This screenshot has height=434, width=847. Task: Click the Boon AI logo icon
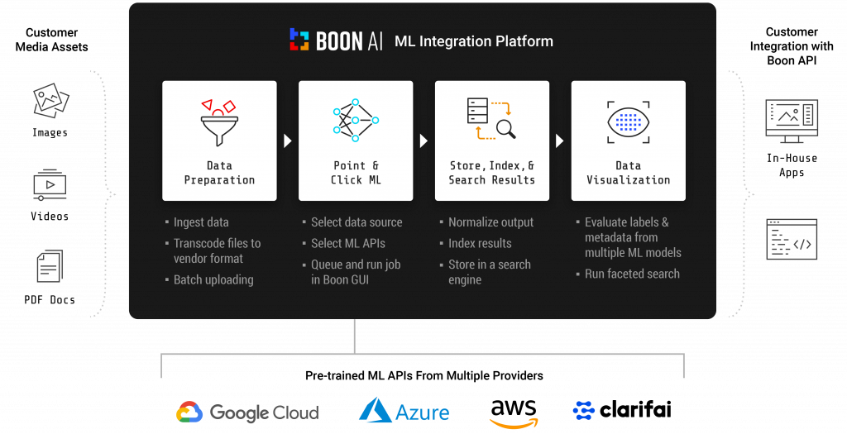(299, 40)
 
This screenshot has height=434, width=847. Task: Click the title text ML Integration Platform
(474, 41)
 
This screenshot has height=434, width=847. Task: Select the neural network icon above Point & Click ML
(355, 120)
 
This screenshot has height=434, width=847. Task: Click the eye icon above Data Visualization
(628, 121)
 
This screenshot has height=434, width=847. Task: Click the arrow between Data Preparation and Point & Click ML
(287, 141)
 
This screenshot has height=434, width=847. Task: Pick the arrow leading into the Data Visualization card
(560, 141)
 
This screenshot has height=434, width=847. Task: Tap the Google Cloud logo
(247, 413)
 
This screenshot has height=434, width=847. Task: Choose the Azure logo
(404, 411)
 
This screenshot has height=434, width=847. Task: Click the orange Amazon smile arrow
(513, 422)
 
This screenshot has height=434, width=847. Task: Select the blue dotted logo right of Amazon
(584, 410)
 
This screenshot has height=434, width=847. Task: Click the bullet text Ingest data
(201, 222)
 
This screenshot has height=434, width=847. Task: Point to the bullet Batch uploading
(213, 279)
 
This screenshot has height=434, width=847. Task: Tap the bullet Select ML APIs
(348, 243)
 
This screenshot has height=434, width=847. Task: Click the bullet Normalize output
(491, 222)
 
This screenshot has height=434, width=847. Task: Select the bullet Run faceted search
(632, 274)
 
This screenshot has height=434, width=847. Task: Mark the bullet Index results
(480, 243)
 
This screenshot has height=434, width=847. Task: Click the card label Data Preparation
(219, 173)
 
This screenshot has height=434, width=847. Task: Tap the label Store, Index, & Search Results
(491, 173)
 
